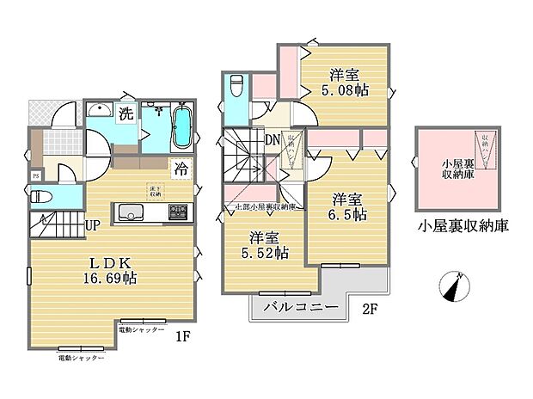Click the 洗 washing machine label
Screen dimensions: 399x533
coord(126,114)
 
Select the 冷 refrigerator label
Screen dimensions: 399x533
coord(182,168)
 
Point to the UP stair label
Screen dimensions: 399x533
coord(91,224)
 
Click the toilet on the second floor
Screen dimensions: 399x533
coord(238,86)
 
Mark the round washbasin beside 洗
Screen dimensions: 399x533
coord(101,109)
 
